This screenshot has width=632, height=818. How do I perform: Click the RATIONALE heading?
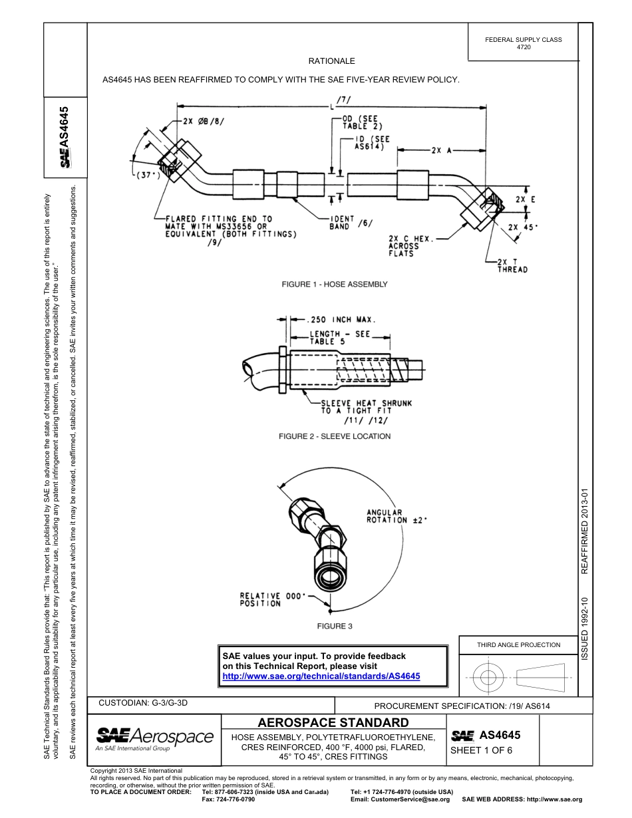[x=331, y=61]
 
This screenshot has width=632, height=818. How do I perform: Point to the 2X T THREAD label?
[x=512, y=265]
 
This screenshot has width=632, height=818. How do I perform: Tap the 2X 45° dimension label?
[x=523, y=226]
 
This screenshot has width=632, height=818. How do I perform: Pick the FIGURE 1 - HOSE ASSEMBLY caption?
[x=334, y=284]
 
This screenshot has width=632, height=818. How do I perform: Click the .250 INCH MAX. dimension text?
[x=340, y=319]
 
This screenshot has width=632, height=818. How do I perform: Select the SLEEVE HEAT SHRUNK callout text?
[x=366, y=407]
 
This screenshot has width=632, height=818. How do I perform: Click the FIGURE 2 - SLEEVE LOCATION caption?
[x=334, y=436]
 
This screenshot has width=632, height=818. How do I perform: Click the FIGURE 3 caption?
[x=334, y=626]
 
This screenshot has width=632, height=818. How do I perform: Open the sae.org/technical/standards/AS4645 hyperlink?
[x=321, y=676]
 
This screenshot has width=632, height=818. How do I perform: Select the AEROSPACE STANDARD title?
[x=333, y=722]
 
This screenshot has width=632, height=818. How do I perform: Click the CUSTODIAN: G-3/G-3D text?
[x=148, y=702]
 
